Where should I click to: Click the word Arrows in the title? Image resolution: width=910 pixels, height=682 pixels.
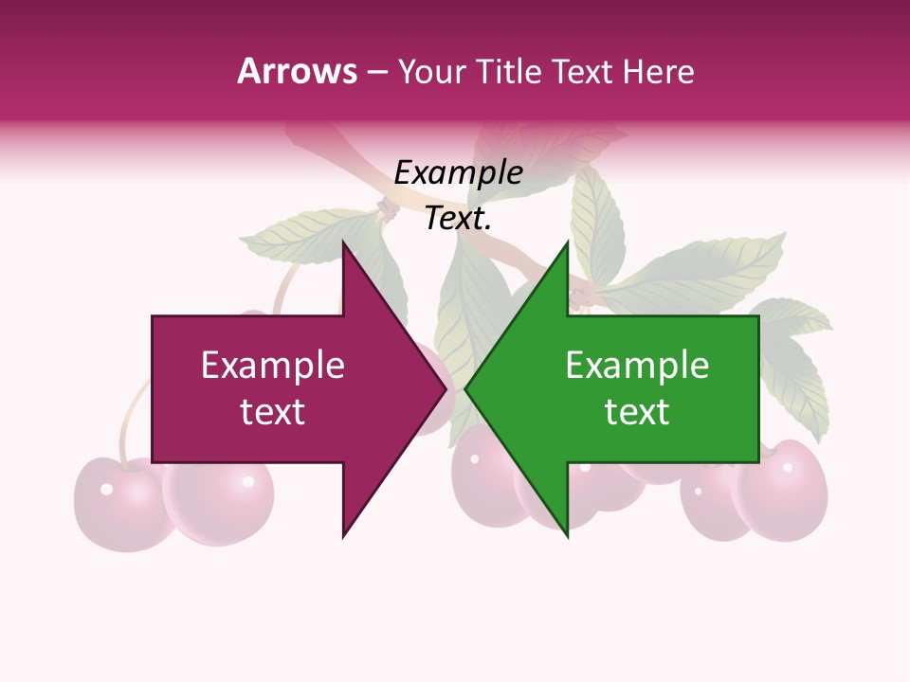297,71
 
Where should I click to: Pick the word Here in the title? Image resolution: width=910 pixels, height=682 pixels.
658,72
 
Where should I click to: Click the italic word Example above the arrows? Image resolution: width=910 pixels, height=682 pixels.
458,173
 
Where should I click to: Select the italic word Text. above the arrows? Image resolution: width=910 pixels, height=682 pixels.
458,219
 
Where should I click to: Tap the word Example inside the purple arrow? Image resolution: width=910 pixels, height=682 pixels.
273,366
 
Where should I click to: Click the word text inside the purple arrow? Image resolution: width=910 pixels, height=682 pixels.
273,412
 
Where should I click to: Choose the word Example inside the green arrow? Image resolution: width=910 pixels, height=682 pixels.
637,366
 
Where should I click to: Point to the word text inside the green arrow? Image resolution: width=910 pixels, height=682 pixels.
637,412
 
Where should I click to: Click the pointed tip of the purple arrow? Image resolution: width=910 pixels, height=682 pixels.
445,389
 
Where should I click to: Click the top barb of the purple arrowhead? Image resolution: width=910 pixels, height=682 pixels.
344,244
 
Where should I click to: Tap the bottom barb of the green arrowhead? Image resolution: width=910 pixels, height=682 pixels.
567,534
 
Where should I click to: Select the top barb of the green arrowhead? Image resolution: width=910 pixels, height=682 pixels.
567,244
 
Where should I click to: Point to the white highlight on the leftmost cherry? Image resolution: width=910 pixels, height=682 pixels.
107,489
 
